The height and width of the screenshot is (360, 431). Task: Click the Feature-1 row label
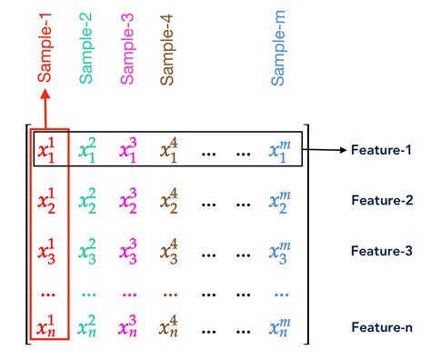382,150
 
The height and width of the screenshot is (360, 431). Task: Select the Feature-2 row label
382,199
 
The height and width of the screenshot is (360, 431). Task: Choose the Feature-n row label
382,326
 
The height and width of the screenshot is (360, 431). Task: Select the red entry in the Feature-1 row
45,150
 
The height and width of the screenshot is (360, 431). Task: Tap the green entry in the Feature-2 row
87,199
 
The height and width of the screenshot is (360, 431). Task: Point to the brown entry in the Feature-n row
169,326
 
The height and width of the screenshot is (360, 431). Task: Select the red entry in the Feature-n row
45,326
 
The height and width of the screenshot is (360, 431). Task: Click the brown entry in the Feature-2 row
169,199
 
